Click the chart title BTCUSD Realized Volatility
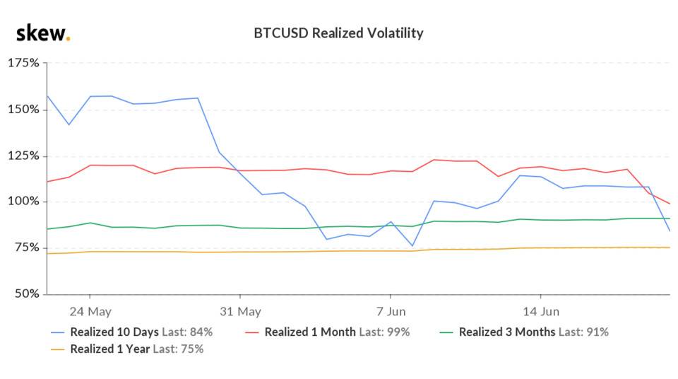click(x=338, y=33)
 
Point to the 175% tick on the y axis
click(x=23, y=64)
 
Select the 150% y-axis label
click(x=23, y=110)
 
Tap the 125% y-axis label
click(x=23, y=156)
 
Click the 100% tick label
click(x=23, y=202)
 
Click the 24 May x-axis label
click(x=90, y=311)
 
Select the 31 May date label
click(x=239, y=311)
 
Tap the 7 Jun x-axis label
click(x=390, y=311)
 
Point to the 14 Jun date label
click(x=540, y=311)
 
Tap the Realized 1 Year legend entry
click(x=109, y=349)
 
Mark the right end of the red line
click(x=669, y=204)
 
